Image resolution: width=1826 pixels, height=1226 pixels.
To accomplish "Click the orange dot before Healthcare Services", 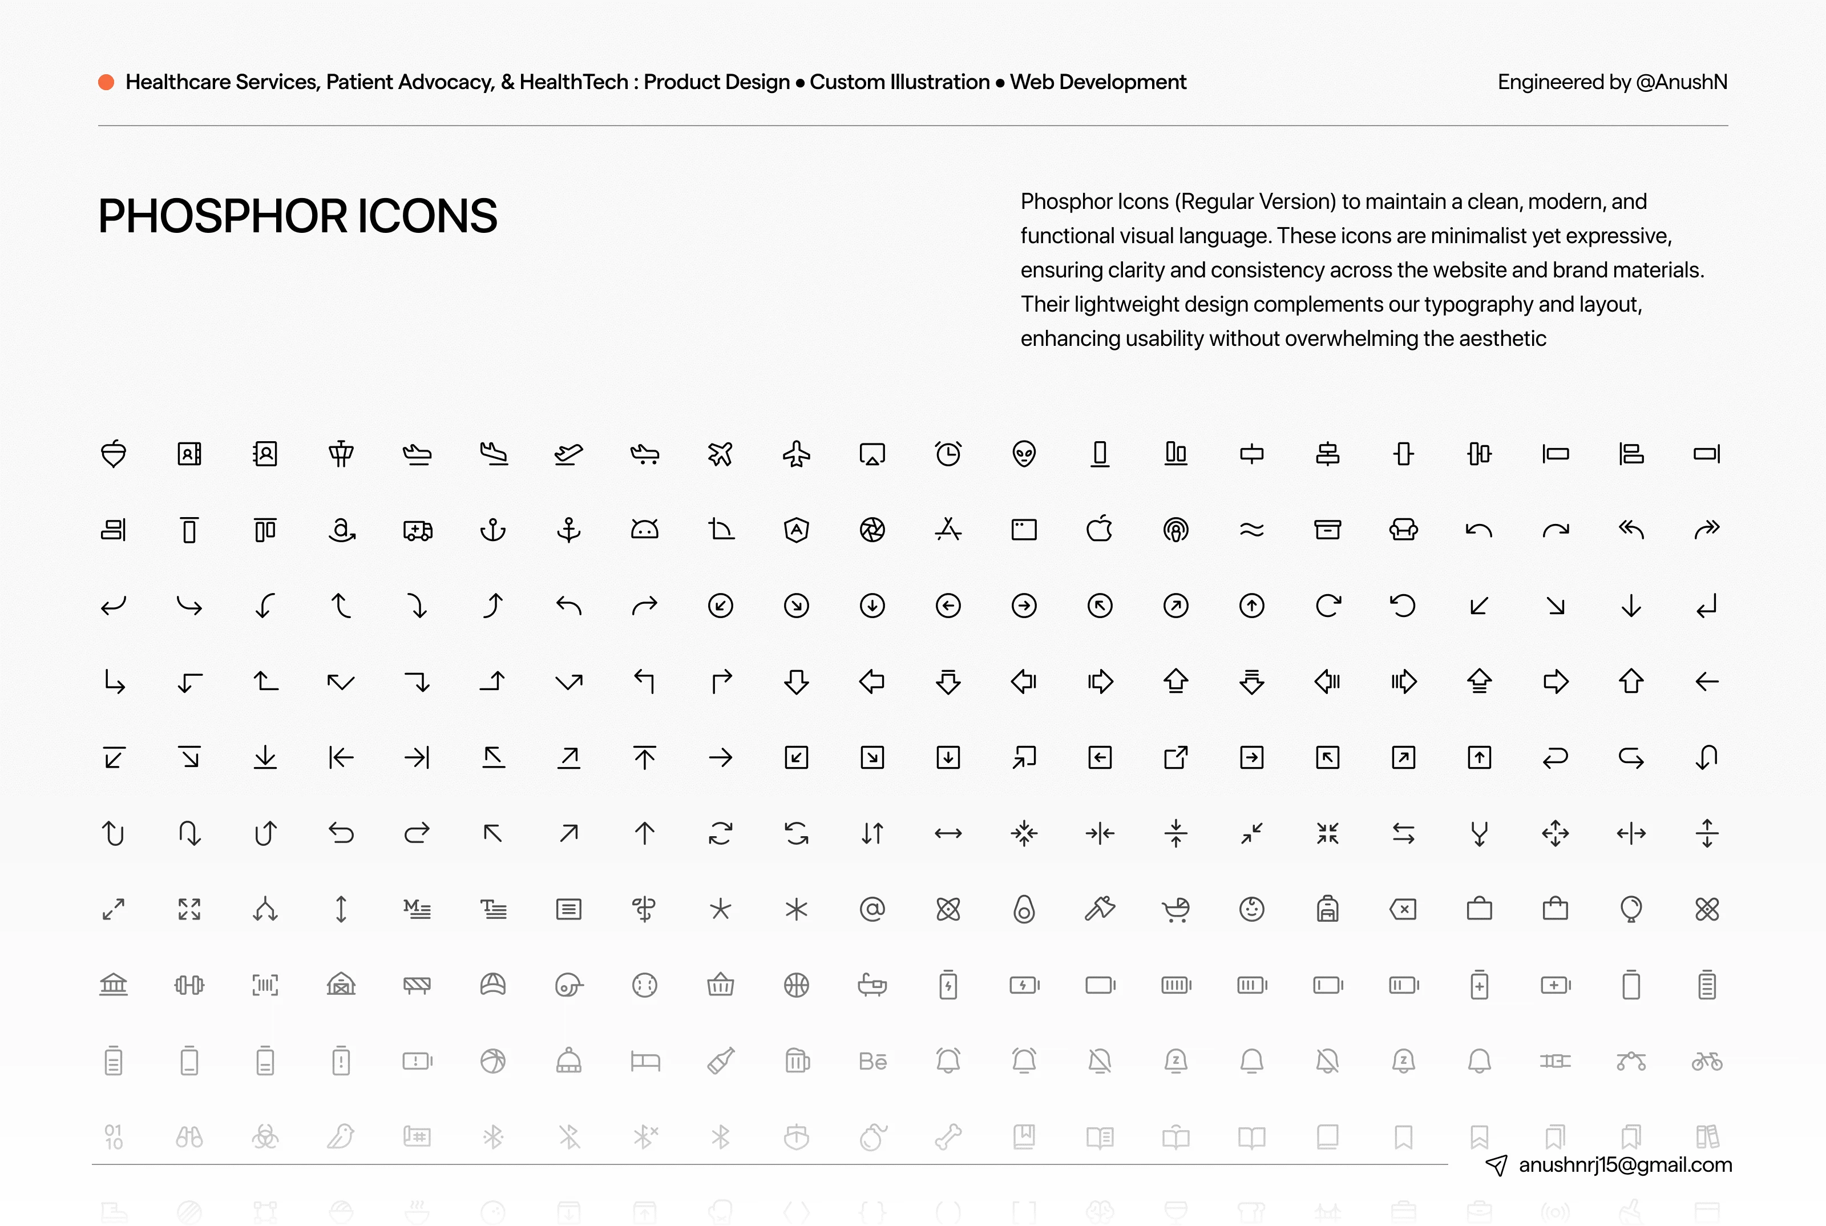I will tap(106, 82).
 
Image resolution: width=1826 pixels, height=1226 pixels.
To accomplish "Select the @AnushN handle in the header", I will tap(1680, 82).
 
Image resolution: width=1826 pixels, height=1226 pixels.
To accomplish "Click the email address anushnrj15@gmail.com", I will tap(1625, 1165).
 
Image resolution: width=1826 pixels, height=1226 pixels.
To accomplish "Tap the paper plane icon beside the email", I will tap(1496, 1165).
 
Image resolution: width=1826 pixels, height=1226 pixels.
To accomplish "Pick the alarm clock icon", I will tap(948, 454).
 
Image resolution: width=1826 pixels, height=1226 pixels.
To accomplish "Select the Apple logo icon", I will tap(1100, 529).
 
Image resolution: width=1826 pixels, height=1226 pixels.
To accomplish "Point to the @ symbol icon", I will tap(872, 909).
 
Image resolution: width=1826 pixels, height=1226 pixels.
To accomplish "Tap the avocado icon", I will tap(1024, 909).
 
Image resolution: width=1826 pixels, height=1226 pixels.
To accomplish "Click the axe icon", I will tap(1100, 909).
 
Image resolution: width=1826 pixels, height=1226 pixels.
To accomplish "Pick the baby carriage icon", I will tap(1175, 909).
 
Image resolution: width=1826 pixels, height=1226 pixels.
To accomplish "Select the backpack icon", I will tap(1327, 909).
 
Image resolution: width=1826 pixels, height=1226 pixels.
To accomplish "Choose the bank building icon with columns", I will tap(114, 985).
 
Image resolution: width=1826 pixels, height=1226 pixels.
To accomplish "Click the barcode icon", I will tap(265, 985).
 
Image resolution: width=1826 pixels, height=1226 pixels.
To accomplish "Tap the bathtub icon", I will tap(872, 985).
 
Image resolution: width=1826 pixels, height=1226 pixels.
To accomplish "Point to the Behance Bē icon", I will tap(872, 1061).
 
